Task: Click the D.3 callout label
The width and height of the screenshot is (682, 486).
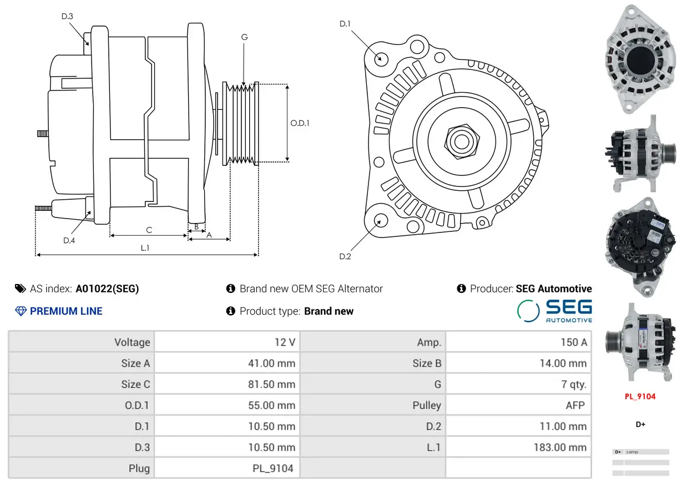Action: [x=67, y=16]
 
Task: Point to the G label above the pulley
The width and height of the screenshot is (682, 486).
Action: [x=244, y=37]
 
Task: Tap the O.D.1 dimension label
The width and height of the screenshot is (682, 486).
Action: [x=300, y=123]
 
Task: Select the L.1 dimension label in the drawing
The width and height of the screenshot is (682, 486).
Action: [x=145, y=248]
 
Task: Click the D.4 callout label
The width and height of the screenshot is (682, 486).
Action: [x=69, y=240]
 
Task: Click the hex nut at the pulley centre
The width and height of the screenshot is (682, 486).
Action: [x=461, y=141]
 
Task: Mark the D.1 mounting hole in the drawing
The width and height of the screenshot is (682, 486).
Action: [x=381, y=58]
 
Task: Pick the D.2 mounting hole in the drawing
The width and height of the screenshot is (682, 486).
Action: [x=381, y=220]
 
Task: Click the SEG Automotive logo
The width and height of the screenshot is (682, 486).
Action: [x=554, y=311]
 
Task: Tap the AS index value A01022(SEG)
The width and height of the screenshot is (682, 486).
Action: [x=107, y=288]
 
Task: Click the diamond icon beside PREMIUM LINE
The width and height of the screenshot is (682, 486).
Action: [x=21, y=311]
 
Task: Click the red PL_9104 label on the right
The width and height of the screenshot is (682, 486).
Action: [x=640, y=396]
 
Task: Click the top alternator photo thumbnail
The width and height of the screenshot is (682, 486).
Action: [x=640, y=59]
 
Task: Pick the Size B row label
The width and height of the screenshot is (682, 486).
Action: [x=427, y=363]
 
